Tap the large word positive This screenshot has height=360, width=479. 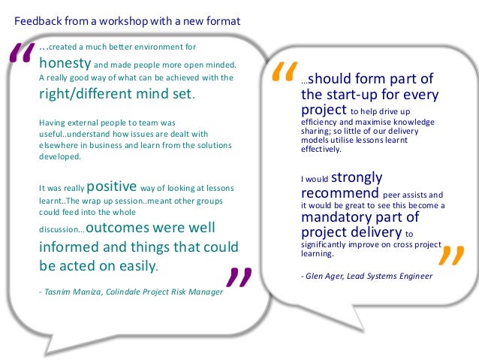click(112, 187)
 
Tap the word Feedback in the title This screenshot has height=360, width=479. click(38, 21)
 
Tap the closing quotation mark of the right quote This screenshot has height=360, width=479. click(450, 259)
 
